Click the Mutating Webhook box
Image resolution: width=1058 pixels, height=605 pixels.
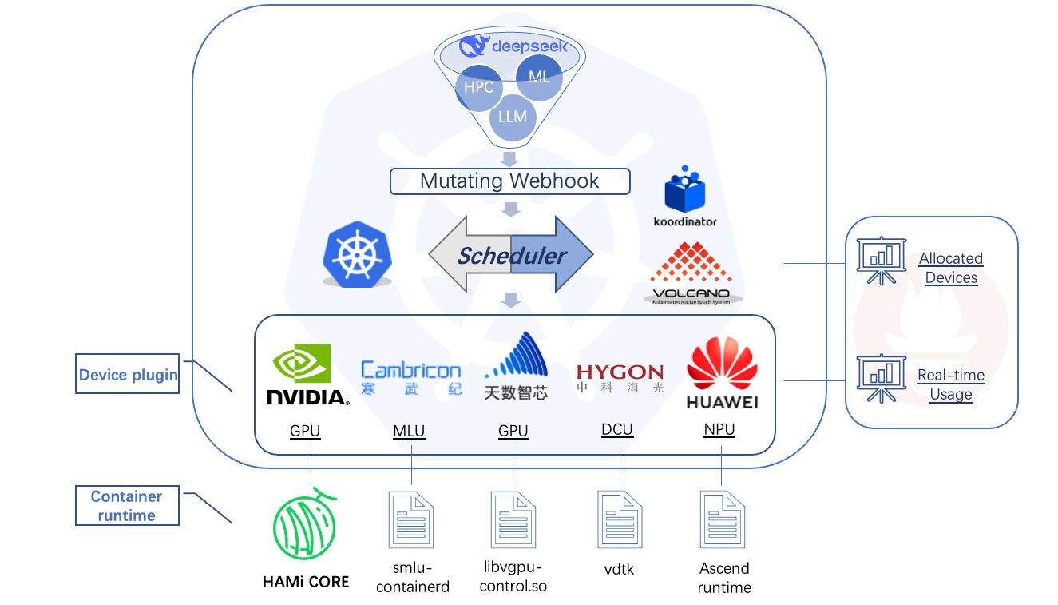click(x=509, y=181)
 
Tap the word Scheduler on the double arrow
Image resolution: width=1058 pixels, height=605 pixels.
click(x=511, y=256)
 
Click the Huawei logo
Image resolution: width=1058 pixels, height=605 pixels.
click(x=722, y=372)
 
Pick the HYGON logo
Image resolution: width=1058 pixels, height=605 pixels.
click(x=620, y=377)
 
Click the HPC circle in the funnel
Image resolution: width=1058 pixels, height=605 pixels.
click(x=478, y=87)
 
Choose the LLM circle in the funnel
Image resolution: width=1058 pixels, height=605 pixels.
click(x=512, y=117)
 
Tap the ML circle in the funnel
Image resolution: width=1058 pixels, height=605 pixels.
click(x=539, y=78)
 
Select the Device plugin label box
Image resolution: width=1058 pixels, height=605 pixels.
click(x=128, y=374)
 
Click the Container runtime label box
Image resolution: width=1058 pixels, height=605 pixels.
click(x=127, y=506)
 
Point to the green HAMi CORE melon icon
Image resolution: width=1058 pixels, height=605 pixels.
click(x=304, y=523)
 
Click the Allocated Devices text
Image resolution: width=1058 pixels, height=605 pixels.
click(x=950, y=268)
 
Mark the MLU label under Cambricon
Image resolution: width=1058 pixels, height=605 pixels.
click(x=409, y=432)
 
